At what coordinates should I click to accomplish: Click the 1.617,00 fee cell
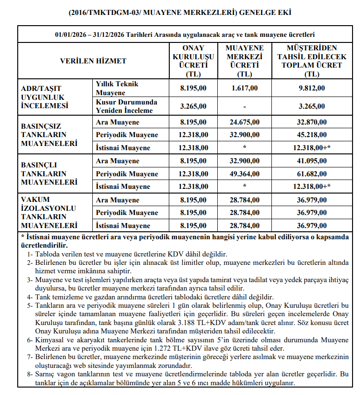coord(244,88)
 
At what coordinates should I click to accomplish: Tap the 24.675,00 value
coord(244,122)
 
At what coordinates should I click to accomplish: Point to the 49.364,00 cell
coord(244,174)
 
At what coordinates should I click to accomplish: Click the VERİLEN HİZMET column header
coord(93,61)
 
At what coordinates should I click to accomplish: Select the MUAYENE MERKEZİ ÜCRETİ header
coord(244,61)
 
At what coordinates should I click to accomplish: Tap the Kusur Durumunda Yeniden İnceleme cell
coord(126,106)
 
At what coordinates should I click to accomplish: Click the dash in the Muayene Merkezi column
coord(244,106)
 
